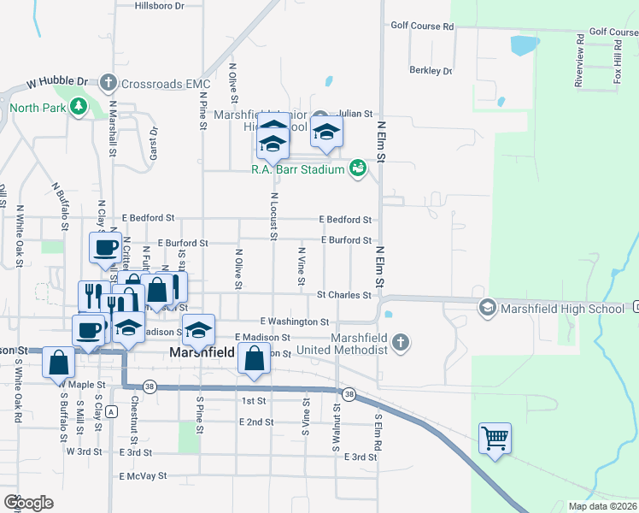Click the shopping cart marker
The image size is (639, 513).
point(495,439)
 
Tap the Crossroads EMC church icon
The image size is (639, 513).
point(108,83)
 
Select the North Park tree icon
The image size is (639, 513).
point(79,107)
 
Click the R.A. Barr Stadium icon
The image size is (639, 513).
point(358,168)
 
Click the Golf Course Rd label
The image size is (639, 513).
point(422,26)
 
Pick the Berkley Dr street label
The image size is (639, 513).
point(431,71)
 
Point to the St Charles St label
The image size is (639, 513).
point(343,295)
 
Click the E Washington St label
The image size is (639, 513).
point(295,321)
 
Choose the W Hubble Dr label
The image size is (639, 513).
point(57,83)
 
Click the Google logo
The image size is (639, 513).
point(28,503)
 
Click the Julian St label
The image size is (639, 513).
point(355,113)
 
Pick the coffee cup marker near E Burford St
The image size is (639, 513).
point(105,247)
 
